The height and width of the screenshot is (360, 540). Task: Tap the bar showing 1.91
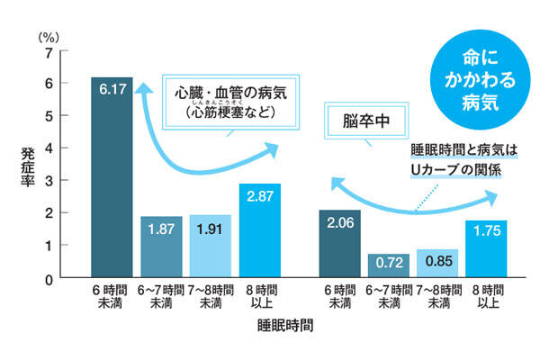point(211,247)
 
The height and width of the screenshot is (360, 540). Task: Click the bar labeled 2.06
point(341,243)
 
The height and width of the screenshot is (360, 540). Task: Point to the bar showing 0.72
point(389,265)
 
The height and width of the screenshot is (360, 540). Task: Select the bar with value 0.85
point(436,264)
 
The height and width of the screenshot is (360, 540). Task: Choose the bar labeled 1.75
point(487,249)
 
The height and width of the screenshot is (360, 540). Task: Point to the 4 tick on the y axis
point(48,148)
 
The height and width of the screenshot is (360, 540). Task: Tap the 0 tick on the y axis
point(48,278)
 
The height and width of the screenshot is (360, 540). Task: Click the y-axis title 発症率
point(28,161)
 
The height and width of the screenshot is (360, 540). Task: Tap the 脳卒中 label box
point(365,119)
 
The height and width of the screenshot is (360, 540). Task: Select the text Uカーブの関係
point(461,167)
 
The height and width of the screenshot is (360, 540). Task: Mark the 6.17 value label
point(112,90)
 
